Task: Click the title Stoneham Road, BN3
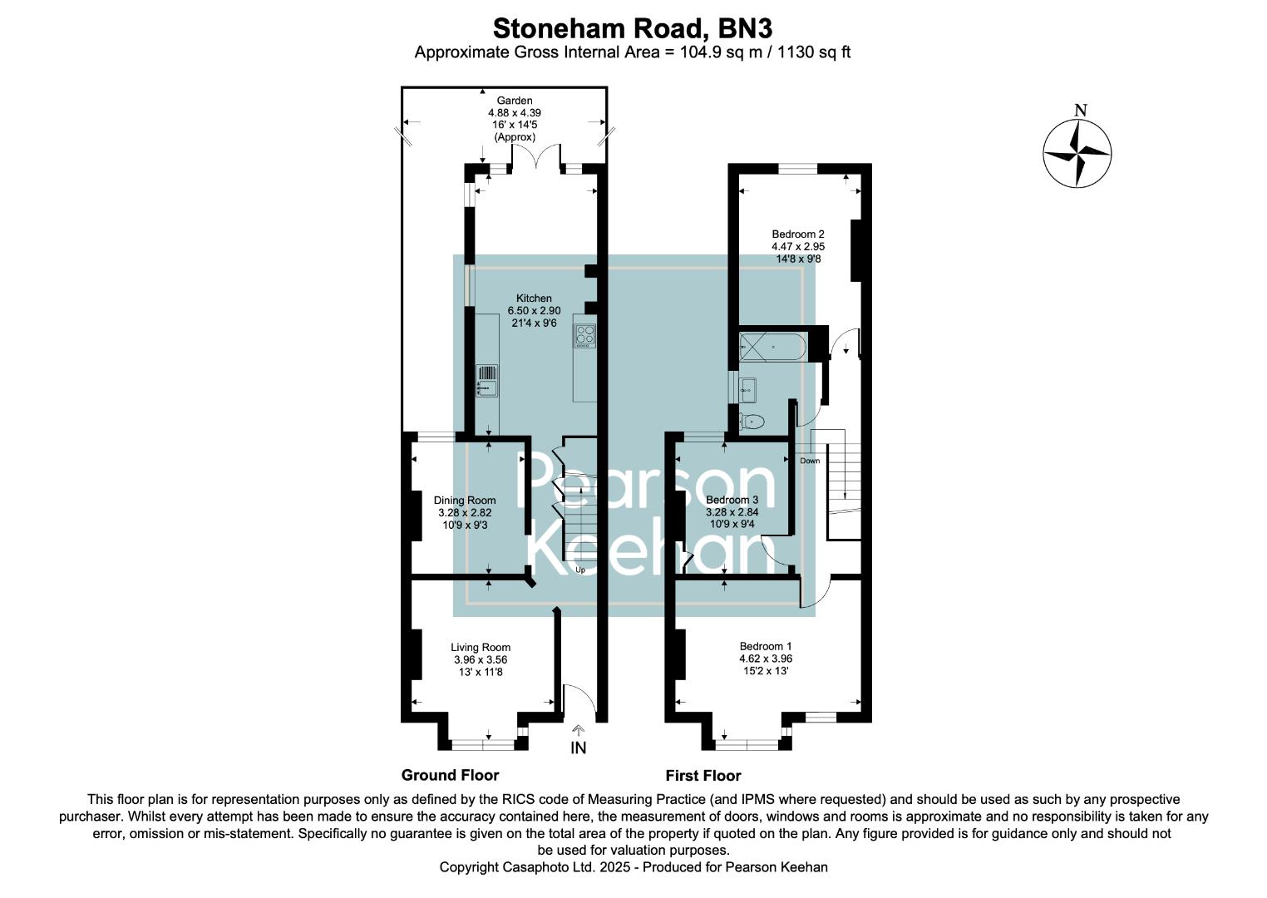(x=633, y=27)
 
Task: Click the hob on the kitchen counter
(x=584, y=335)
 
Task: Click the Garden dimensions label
(x=514, y=119)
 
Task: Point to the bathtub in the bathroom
(x=772, y=347)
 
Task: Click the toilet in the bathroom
(x=752, y=421)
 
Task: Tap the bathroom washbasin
(x=747, y=389)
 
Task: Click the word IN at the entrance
(x=578, y=748)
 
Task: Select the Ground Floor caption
(x=451, y=775)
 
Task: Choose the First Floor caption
(x=703, y=775)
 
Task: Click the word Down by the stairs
(x=810, y=461)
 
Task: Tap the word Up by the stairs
(x=579, y=570)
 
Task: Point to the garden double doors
(x=536, y=155)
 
